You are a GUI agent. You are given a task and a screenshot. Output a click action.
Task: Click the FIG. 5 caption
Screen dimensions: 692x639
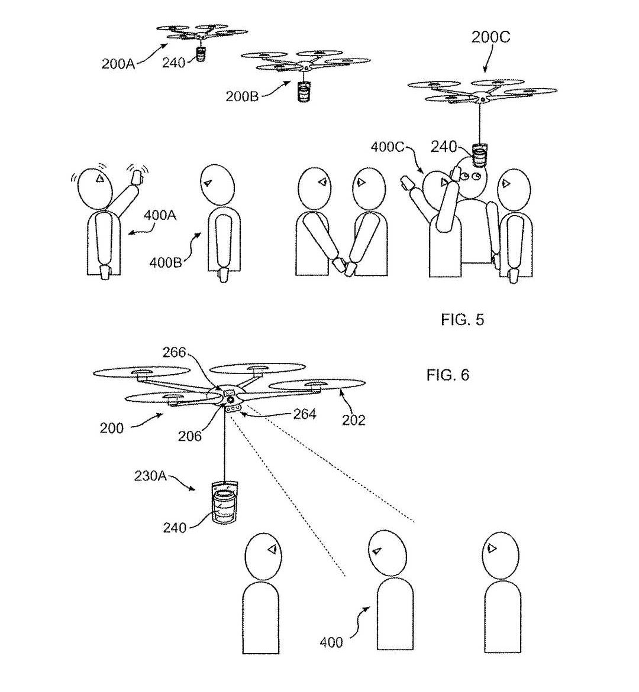[x=462, y=320]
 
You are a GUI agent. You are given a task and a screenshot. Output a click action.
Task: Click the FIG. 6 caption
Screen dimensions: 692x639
[x=448, y=375]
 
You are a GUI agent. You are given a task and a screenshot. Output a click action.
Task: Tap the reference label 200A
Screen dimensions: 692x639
[x=118, y=64]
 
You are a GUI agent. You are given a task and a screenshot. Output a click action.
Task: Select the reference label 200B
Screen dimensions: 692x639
[x=242, y=96]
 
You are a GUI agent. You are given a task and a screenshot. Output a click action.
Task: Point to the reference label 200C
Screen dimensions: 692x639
[x=490, y=37]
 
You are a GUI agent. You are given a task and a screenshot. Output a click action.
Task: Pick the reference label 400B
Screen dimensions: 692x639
[x=165, y=262]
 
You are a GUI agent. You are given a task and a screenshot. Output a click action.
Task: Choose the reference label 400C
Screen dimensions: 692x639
[x=388, y=147]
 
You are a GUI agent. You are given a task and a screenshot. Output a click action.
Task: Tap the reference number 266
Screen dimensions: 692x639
[x=175, y=353]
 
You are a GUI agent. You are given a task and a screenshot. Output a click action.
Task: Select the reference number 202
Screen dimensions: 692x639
[x=354, y=420]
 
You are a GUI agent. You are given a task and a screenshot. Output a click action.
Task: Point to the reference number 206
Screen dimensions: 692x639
[x=190, y=436]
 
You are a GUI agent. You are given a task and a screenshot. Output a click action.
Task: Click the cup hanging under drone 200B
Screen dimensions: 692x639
[x=303, y=92]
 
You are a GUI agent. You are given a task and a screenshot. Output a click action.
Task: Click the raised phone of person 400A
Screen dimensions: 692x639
[x=138, y=176]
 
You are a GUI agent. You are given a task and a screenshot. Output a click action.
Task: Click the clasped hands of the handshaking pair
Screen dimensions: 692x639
[x=343, y=266]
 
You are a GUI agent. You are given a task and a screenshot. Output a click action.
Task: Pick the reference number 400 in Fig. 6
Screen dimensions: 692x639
[x=331, y=642]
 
